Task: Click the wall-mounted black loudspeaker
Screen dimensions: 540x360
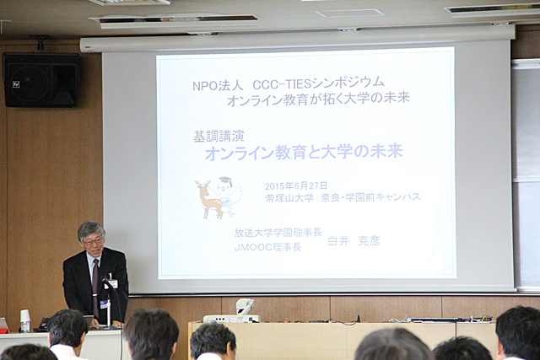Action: [40, 79]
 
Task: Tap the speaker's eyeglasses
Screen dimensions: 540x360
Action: [93, 242]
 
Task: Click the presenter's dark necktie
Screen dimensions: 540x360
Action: [95, 287]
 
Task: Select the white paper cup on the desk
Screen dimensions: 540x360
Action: [24, 320]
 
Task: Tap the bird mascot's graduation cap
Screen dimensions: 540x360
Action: [225, 181]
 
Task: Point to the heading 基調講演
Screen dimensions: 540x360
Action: [219, 137]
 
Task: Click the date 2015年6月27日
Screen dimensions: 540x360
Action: [296, 185]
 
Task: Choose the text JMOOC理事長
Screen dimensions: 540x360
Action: [268, 247]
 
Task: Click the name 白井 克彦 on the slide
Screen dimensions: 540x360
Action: [354, 241]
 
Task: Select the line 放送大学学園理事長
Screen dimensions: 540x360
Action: [278, 233]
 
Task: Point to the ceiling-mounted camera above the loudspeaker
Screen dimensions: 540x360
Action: [40, 43]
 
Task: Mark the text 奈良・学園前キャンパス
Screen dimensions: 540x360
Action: [371, 197]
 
